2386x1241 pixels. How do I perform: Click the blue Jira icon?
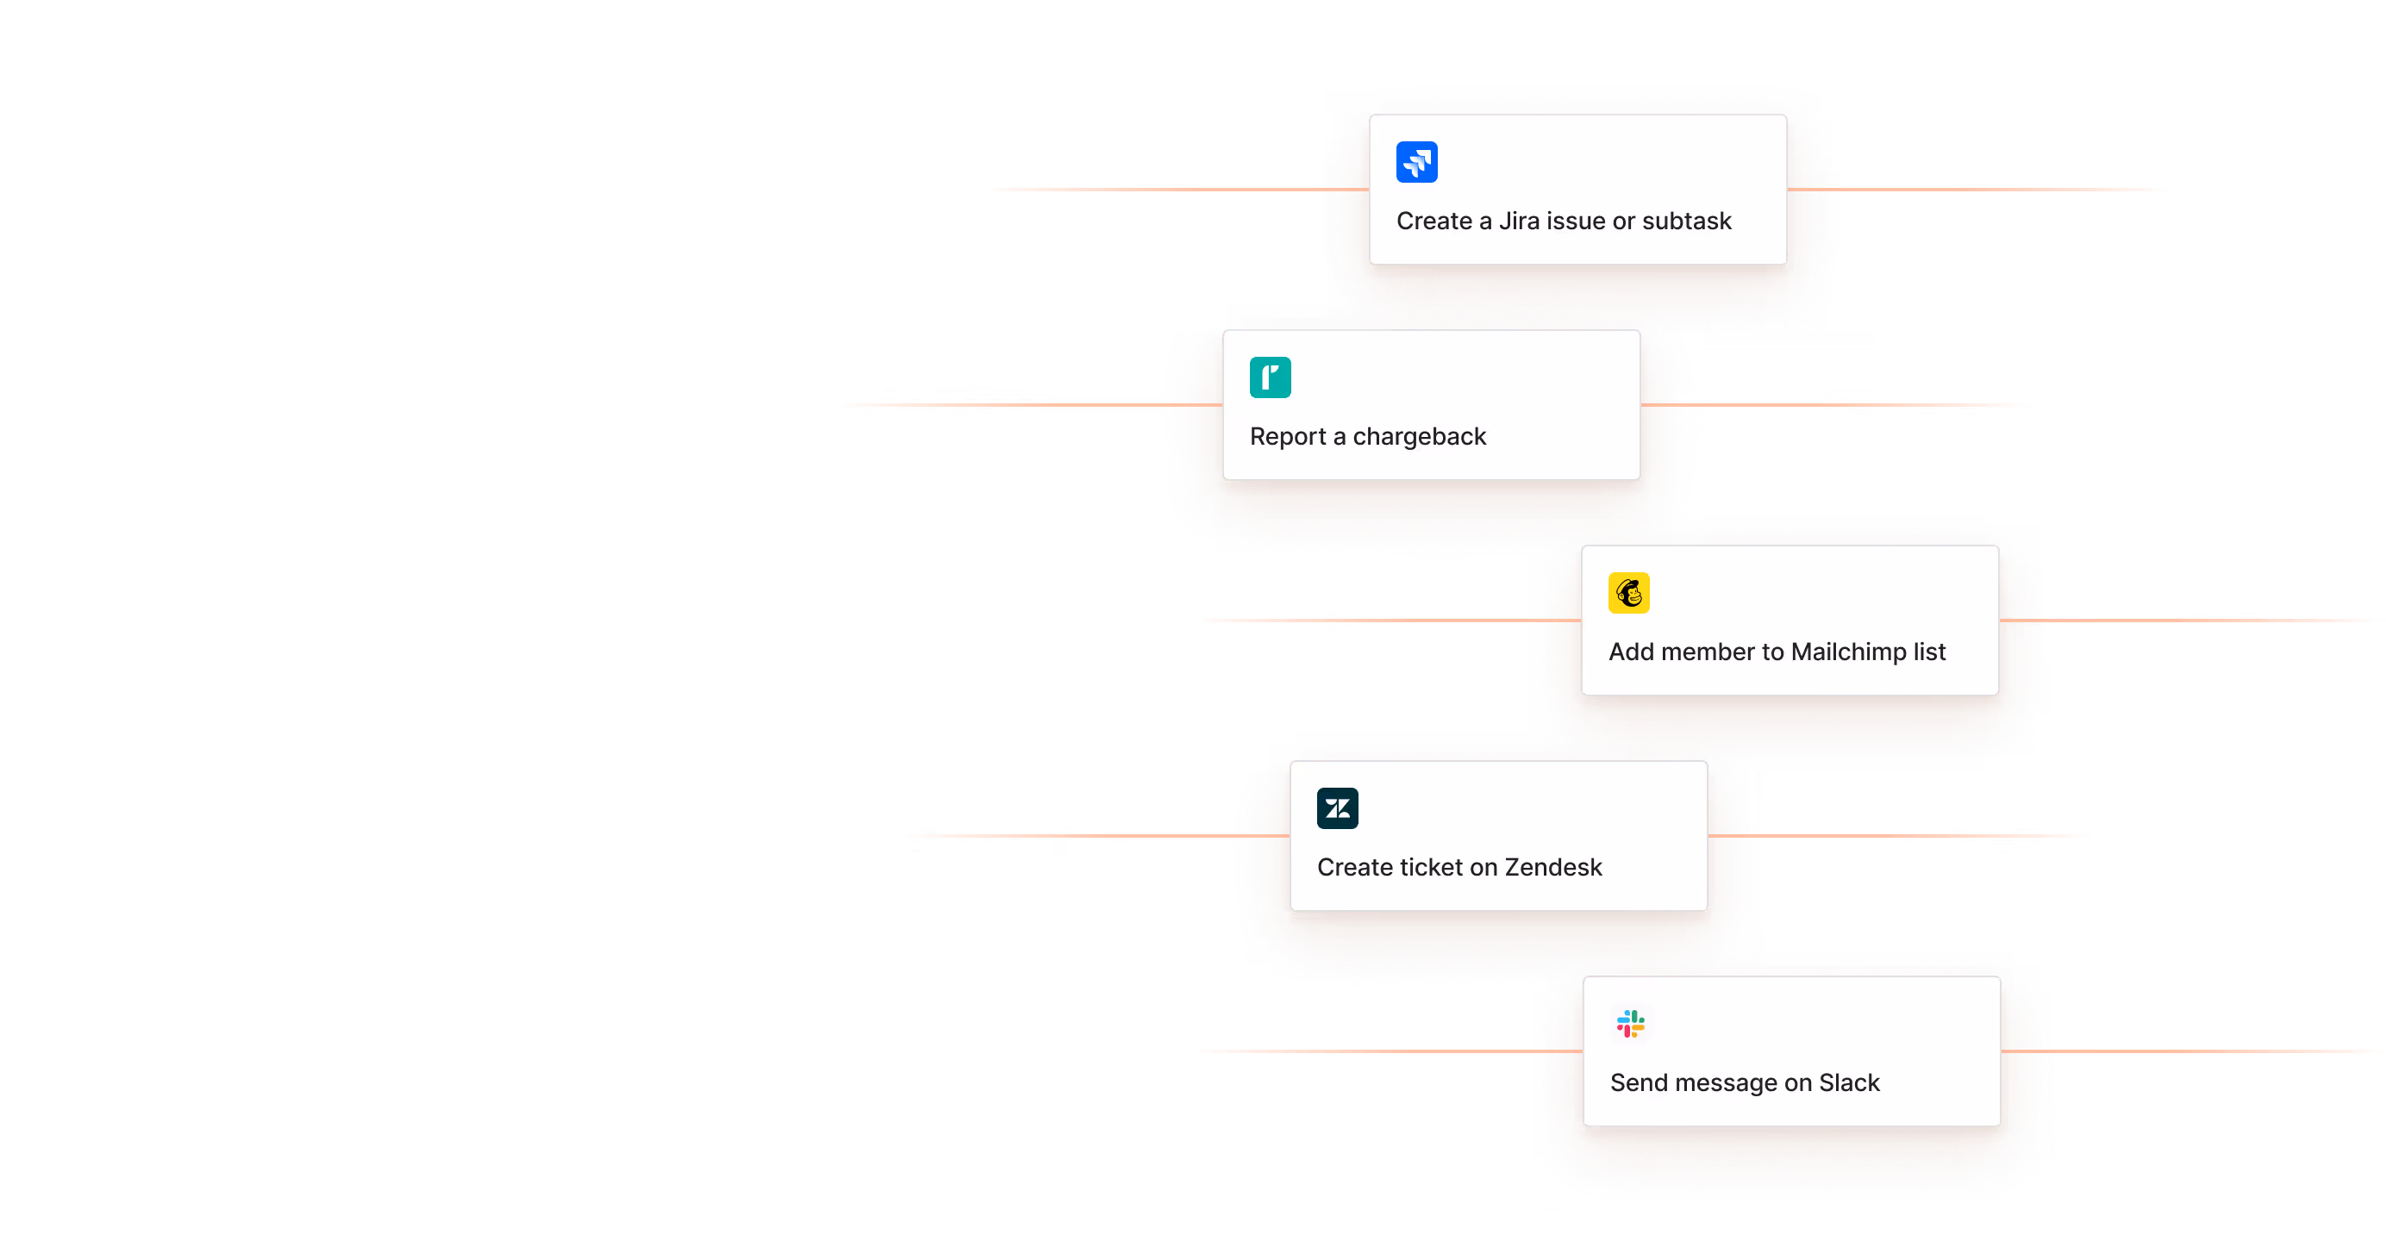(x=1416, y=162)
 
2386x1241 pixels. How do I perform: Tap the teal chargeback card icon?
(x=1270, y=377)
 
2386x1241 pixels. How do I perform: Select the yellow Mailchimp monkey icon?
(x=1628, y=593)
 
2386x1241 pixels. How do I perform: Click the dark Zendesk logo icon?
(x=1338, y=808)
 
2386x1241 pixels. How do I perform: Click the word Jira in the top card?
(x=1519, y=221)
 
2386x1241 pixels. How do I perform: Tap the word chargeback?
(x=1419, y=437)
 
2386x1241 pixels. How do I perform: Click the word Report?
(x=1288, y=437)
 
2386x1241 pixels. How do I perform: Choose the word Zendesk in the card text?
(x=1553, y=868)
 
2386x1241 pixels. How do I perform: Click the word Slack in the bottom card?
(x=1849, y=1083)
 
